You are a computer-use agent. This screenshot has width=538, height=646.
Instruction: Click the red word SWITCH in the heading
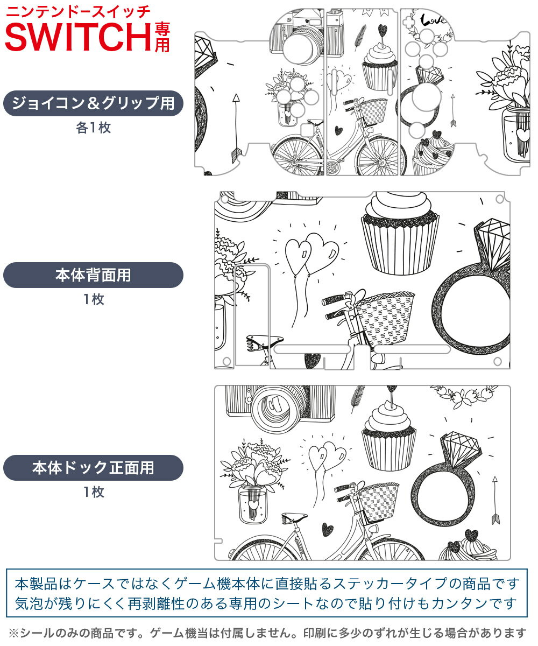[78, 37]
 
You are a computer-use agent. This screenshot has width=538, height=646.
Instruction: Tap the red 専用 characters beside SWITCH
[162, 38]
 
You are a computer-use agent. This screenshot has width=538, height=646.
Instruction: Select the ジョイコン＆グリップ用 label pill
[93, 103]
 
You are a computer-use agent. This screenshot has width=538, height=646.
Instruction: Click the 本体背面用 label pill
[93, 275]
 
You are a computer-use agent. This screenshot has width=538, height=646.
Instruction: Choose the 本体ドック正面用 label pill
[93, 468]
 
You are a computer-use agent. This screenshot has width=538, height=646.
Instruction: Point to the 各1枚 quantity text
[94, 128]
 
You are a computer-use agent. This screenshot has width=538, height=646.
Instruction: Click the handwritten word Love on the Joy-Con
[433, 20]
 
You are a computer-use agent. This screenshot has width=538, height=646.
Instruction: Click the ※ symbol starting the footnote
[14, 633]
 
